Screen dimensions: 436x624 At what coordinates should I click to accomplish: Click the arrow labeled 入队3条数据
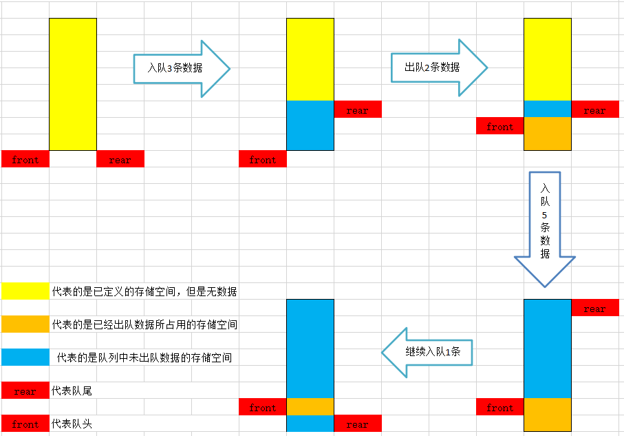(x=181, y=68)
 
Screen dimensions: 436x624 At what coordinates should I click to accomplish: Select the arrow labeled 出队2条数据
(x=439, y=67)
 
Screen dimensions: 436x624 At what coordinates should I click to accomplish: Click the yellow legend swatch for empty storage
(x=25, y=291)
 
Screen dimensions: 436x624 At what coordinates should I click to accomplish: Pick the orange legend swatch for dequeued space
(x=25, y=324)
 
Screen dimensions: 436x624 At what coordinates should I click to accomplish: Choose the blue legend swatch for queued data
(x=25, y=357)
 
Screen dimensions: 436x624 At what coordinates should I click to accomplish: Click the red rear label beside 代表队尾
(x=25, y=391)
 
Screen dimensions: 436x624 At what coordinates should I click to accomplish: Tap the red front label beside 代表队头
(x=25, y=424)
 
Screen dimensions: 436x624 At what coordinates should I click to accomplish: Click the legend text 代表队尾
(x=72, y=391)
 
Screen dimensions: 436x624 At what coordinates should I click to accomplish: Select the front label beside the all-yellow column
(x=25, y=159)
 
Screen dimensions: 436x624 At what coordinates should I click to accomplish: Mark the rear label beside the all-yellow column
(x=120, y=159)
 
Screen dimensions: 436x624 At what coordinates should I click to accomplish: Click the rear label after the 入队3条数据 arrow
(x=357, y=110)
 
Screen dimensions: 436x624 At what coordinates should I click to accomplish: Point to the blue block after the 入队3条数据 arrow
(x=310, y=125)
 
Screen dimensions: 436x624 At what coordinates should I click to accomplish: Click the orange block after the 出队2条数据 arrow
(x=547, y=134)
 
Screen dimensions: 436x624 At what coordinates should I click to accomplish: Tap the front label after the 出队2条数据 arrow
(x=499, y=126)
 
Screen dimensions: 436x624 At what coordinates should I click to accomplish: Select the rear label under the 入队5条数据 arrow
(x=594, y=308)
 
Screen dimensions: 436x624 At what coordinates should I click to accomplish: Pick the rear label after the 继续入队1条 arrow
(x=357, y=424)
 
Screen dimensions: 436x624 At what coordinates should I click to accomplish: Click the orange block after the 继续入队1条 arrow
(x=310, y=406)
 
